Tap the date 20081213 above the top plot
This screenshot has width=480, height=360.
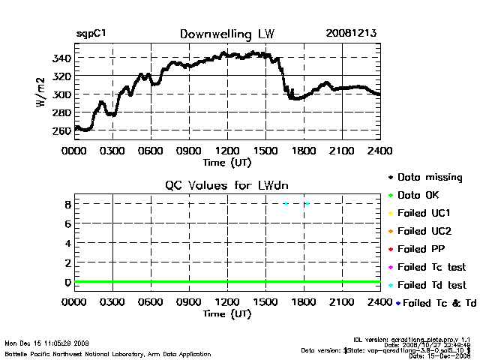[352, 34]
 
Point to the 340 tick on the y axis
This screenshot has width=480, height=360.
[61, 58]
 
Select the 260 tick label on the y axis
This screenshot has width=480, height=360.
[61, 130]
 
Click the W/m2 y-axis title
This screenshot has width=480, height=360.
[41, 95]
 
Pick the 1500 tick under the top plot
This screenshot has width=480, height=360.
[265, 151]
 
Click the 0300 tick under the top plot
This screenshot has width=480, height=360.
[112, 151]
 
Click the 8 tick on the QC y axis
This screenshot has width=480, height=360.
[67, 204]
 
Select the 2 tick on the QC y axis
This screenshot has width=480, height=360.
[67, 263]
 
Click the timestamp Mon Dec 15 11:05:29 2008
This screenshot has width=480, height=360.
[46, 343]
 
